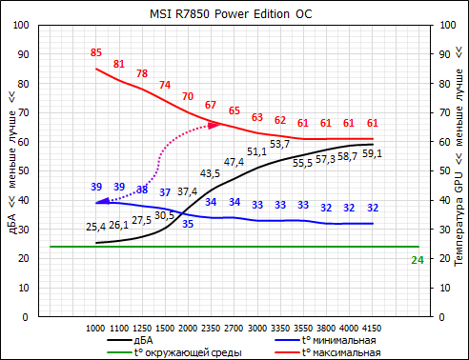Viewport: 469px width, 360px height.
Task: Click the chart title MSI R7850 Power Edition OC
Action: coord(234,13)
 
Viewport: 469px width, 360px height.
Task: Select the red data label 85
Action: coord(95,52)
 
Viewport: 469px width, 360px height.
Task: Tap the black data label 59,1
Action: coord(373,153)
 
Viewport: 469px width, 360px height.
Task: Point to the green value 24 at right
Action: coord(417,260)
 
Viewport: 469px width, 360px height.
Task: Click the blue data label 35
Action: coord(188,224)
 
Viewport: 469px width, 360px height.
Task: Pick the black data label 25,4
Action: coord(95,227)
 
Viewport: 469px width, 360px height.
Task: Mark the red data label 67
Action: coord(211,105)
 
